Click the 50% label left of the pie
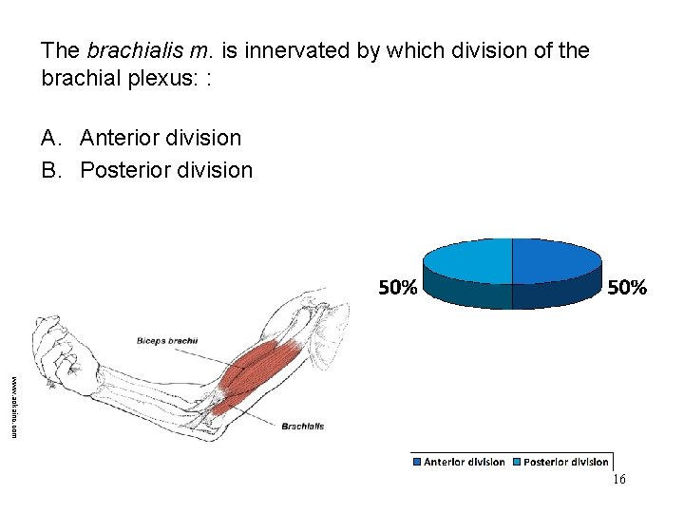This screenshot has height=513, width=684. click(x=397, y=288)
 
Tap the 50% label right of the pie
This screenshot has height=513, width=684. click(x=627, y=288)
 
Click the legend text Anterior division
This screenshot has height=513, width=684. click(x=464, y=462)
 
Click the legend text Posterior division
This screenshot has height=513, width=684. click(x=566, y=462)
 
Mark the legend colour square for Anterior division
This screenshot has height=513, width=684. click(x=417, y=462)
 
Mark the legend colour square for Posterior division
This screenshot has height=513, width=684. click(x=517, y=462)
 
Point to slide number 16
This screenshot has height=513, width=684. click(x=618, y=481)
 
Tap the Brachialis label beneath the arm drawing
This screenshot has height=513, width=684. click(x=302, y=427)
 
